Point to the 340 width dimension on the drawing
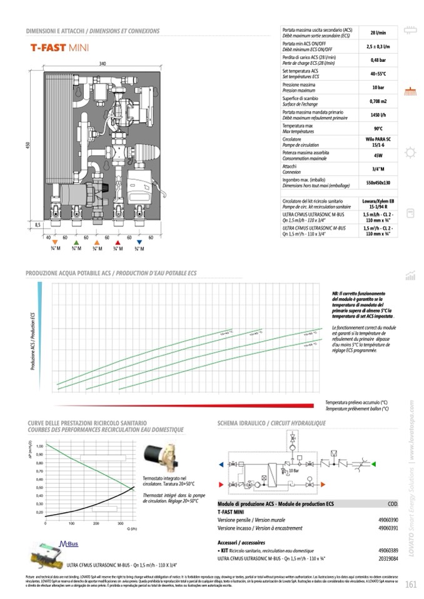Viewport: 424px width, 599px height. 102,64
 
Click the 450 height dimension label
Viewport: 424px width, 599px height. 28,146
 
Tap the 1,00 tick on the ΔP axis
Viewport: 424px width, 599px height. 39,446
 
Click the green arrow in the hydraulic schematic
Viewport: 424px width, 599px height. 373,465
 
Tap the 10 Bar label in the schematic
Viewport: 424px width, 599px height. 293,470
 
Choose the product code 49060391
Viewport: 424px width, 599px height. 388,528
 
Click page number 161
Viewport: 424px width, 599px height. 410,585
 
